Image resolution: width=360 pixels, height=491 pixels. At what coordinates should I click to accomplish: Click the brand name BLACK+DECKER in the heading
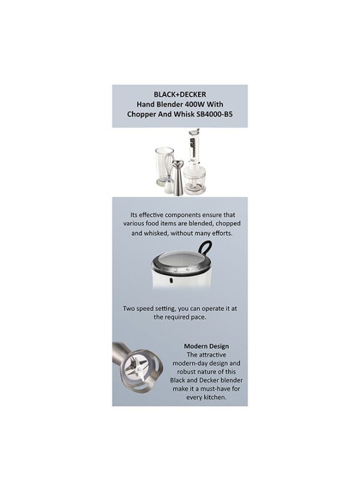point(179,94)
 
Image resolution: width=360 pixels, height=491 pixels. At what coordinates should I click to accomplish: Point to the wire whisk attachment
point(169,175)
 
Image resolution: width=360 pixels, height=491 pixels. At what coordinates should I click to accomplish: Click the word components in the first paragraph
point(182,215)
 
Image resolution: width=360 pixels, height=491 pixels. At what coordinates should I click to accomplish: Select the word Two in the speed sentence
point(128,309)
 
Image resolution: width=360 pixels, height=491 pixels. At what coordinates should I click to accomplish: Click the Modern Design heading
point(206,346)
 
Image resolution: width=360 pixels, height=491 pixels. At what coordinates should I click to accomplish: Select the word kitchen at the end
point(214,397)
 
